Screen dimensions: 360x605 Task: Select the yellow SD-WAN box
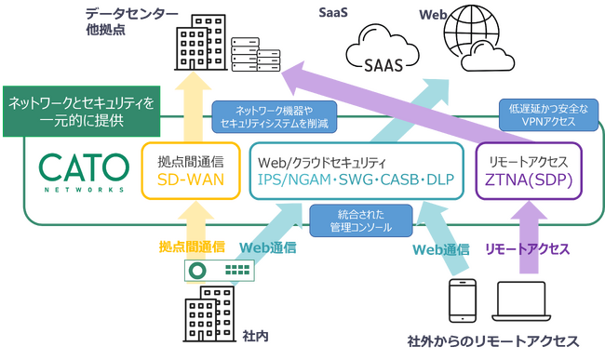(x=191, y=170)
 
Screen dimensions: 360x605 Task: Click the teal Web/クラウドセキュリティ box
(x=357, y=170)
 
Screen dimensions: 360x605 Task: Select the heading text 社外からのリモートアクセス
(x=493, y=341)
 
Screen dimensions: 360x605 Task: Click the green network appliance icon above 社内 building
(x=220, y=270)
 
